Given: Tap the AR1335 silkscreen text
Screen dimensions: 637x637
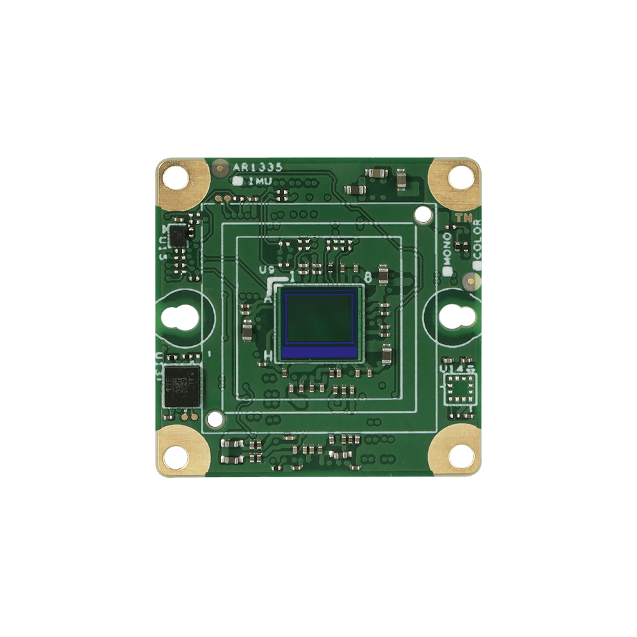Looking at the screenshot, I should point(258,168).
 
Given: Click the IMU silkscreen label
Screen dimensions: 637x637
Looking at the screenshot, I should point(260,182).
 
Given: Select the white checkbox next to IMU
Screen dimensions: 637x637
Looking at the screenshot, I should point(239,182).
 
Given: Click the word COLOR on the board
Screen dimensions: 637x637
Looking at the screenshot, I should point(477,238).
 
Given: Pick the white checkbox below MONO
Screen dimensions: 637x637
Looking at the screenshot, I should point(447,271).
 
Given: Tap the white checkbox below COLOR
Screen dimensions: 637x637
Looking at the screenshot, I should point(476,262).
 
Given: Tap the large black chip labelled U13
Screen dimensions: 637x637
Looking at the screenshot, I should point(181,385).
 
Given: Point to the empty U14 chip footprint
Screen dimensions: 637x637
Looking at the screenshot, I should point(460,387).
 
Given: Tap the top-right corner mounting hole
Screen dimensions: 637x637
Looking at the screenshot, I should point(458,175).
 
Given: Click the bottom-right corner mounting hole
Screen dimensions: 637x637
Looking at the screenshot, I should point(459,454).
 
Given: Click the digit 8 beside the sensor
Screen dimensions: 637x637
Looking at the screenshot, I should point(368,278).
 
